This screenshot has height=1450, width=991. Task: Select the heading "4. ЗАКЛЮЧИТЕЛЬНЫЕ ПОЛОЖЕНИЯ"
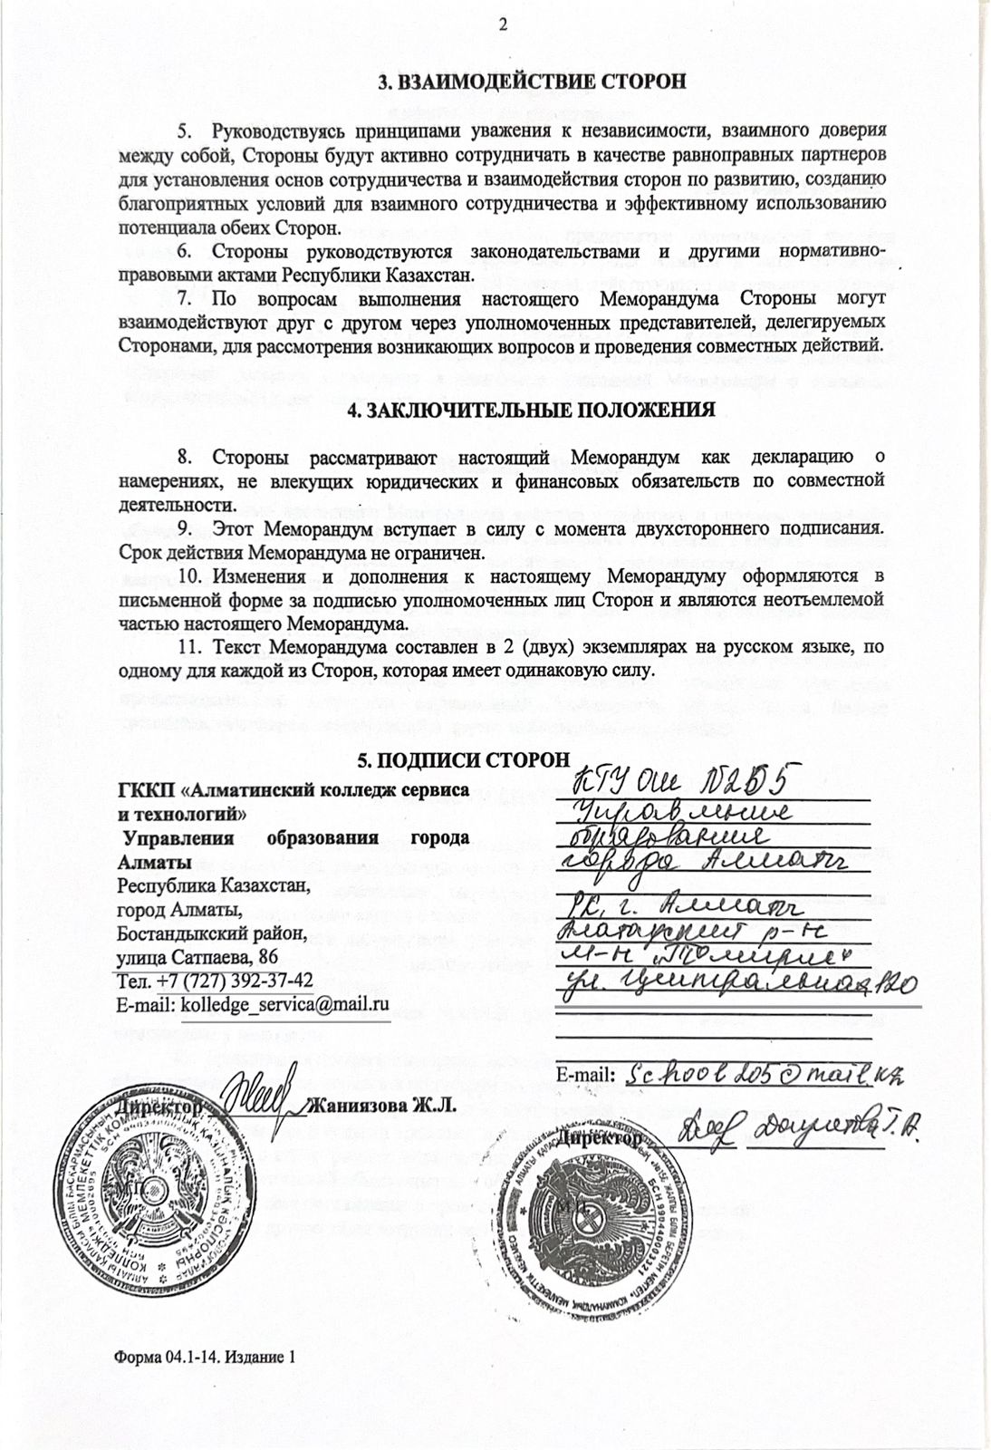coord(532,410)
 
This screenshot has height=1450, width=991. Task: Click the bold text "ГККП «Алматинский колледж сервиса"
coord(293,790)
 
